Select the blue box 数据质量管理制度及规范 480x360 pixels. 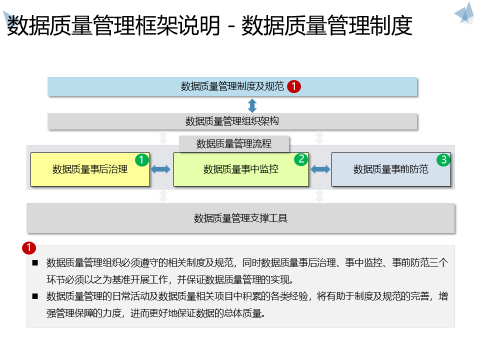pos(232,86)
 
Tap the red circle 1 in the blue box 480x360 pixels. pos(294,86)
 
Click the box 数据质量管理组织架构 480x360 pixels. pos(232,121)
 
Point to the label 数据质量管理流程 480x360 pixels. pos(234,144)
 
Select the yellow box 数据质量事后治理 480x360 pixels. pos(90,169)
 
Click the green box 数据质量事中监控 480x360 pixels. pos(241,169)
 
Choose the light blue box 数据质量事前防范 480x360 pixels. pos(391,169)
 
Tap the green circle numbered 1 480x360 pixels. pos(142,160)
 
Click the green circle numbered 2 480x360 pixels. pos(301,159)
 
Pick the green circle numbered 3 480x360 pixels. pos(443,160)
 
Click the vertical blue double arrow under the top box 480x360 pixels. pos(252,105)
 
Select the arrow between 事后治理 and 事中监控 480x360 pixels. pos(161,169)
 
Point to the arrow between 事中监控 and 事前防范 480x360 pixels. pos(320,169)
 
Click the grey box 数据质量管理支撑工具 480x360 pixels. pos(240,218)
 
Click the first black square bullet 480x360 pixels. pos(35,262)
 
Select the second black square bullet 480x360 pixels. pos(35,296)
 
